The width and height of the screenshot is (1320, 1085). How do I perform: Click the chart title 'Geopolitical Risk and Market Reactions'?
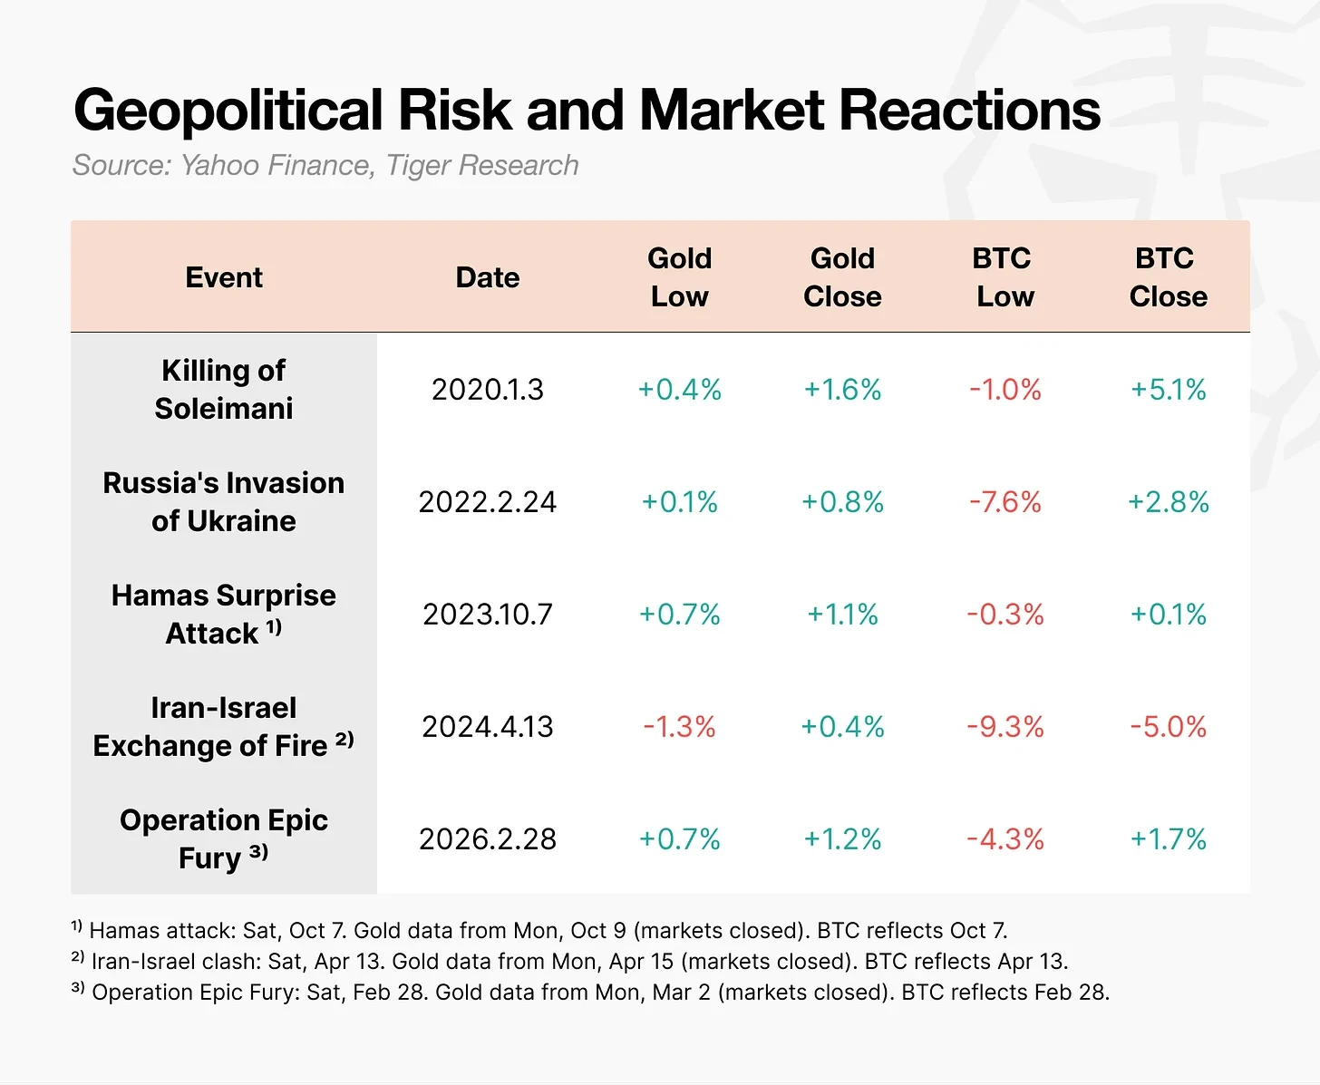coord(587,110)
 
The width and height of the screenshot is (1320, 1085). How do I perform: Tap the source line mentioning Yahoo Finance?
coord(325,165)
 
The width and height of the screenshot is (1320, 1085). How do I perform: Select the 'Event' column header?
coord(223,277)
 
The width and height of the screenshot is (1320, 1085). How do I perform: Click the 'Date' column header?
coord(487,277)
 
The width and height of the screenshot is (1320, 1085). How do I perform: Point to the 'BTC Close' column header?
coord(1168,277)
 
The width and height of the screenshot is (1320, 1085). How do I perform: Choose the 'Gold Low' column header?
coord(679,277)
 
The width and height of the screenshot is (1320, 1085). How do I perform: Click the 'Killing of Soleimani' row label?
coord(223,389)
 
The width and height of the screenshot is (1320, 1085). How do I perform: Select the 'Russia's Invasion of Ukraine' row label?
coord(223,501)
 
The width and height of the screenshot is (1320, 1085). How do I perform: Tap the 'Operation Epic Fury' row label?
coord(223,838)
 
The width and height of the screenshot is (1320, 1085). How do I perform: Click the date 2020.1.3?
coord(487,390)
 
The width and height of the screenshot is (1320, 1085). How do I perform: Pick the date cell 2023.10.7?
coord(487,615)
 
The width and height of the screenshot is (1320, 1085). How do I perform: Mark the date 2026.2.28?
coord(487,839)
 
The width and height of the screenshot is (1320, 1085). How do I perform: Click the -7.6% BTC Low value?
coord(1005,502)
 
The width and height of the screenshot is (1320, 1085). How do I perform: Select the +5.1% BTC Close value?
coord(1168,390)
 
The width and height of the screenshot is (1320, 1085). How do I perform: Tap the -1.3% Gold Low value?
coord(679,727)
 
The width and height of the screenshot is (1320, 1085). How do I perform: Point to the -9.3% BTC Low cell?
coord(1005,727)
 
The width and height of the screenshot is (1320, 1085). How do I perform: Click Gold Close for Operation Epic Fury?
coord(842,839)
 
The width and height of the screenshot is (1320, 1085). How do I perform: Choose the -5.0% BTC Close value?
coord(1168,727)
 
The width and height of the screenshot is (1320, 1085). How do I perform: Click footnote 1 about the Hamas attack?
coord(539,931)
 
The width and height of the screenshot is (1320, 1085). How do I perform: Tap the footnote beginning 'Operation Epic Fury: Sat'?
coord(590,993)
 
